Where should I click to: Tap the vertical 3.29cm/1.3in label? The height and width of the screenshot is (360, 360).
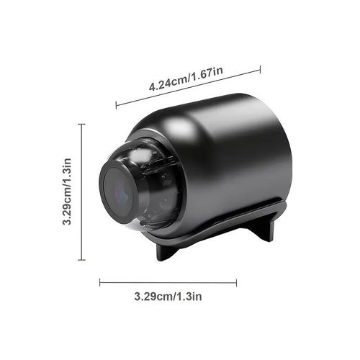point(67,192)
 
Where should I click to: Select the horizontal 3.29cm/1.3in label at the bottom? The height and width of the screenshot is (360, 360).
point(168,296)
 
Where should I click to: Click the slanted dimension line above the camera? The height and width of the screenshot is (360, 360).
point(188,89)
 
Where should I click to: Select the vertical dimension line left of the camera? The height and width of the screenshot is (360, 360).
point(81,192)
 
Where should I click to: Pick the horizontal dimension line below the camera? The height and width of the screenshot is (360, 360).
point(168,283)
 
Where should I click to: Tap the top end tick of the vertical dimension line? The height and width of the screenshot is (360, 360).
point(81,124)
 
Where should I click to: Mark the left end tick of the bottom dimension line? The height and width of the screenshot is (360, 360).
point(100,283)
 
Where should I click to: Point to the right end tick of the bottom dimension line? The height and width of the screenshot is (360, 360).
point(236,283)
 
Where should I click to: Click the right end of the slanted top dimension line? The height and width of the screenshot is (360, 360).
point(260,70)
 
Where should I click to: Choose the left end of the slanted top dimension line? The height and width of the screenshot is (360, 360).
point(117,107)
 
